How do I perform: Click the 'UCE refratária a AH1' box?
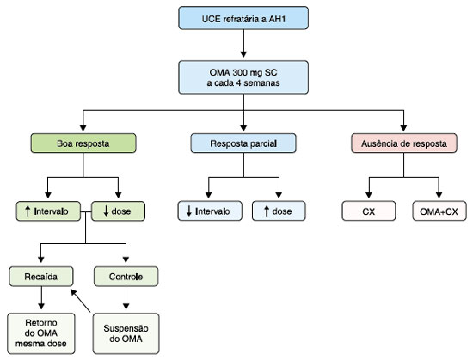pos(243,18)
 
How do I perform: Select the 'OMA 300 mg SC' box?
pos(243,77)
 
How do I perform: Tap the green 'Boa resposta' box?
pos(83,143)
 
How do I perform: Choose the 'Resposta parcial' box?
pos(243,143)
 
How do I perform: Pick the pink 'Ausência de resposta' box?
pos(404,143)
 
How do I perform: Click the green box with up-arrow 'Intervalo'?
pos(48,211)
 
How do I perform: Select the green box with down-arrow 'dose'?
pos(118,211)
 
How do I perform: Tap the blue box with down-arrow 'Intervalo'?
pos(210,211)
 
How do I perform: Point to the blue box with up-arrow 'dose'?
pos(279,211)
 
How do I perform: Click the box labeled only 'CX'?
pos(369,211)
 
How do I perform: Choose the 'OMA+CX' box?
pos(439,211)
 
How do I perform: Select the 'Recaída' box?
pos(41,277)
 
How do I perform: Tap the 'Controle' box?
pos(126,277)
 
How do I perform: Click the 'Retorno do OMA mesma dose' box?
pos(41,333)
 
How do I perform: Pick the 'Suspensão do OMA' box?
pos(126,333)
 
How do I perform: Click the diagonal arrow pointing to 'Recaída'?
pos(81,301)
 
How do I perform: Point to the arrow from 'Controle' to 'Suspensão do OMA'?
pos(126,297)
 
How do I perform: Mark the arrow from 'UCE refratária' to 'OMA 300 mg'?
pos(243,43)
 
